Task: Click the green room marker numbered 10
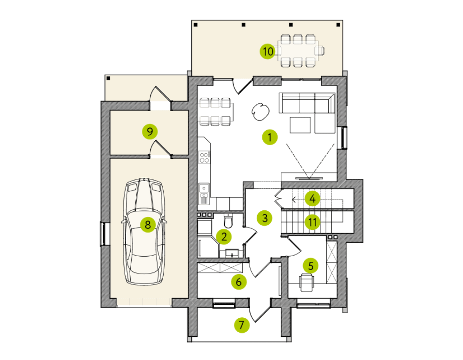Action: click(x=267, y=51)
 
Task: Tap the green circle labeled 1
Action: click(x=270, y=137)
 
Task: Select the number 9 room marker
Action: click(x=150, y=131)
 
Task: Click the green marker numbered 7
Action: click(x=242, y=325)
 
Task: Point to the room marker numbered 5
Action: click(x=311, y=265)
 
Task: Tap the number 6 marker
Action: click(x=239, y=282)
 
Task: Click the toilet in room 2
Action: click(x=228, y=220)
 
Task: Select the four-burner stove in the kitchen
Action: click(x=204, y=157)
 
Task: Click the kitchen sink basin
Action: click(x=204, y=188)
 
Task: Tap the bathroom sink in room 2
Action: click(x=232, y=253)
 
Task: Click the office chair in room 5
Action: click(x=307, y=282)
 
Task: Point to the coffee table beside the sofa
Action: click(x=300, y=125)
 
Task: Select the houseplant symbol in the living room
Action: click(x=260, y=111)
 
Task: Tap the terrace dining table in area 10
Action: click(x=298, y=51)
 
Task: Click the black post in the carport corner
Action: click(x=108, y=78)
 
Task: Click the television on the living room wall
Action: click(x=309, y=178)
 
